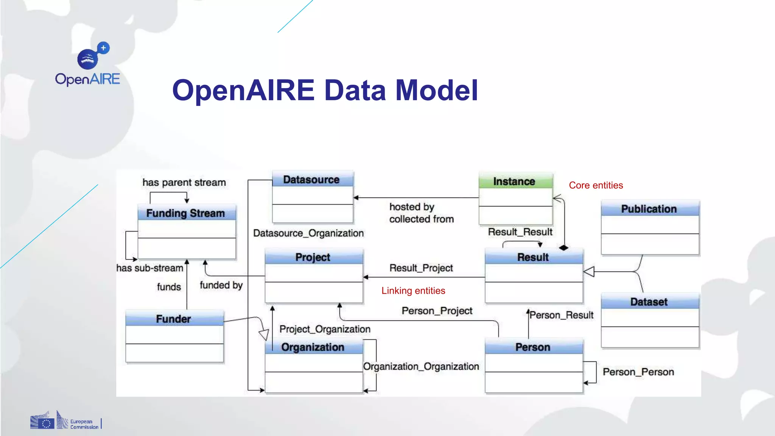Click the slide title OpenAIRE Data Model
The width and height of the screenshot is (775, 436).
[325, 90]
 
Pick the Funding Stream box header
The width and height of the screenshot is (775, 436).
[186, 213]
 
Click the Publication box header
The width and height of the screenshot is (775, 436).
[649, 209]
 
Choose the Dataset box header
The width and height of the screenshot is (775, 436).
[649, 302]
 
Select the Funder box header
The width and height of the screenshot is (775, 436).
[174, 319]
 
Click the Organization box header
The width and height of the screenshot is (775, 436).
[313, 347]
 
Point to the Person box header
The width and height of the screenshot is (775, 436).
[533, 347]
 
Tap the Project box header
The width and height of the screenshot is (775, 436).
[313, 257]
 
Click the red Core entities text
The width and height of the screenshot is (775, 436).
[596, 185]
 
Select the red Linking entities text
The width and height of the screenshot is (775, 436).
[413, 291]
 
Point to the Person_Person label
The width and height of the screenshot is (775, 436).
[638, 372]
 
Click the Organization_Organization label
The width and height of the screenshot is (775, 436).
[421, 366]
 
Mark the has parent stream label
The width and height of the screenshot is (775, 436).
[184, 182]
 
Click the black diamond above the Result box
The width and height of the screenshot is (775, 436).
[564, 248]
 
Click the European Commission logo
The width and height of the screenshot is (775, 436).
[65, 421]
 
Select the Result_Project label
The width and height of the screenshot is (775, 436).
[421, 268]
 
